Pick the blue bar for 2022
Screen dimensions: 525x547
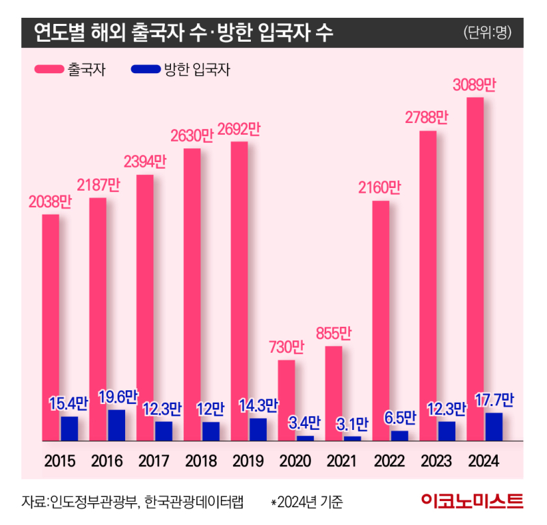point(399,435)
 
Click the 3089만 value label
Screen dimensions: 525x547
point(475,85)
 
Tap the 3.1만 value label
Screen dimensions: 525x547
point(352,424)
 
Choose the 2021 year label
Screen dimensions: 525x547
point(341,460)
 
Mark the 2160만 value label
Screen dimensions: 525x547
point(380,187)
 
